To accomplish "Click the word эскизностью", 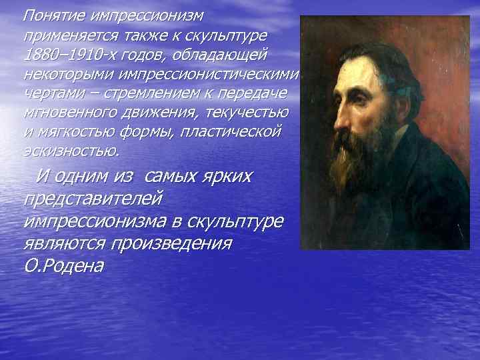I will coord(70,151).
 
